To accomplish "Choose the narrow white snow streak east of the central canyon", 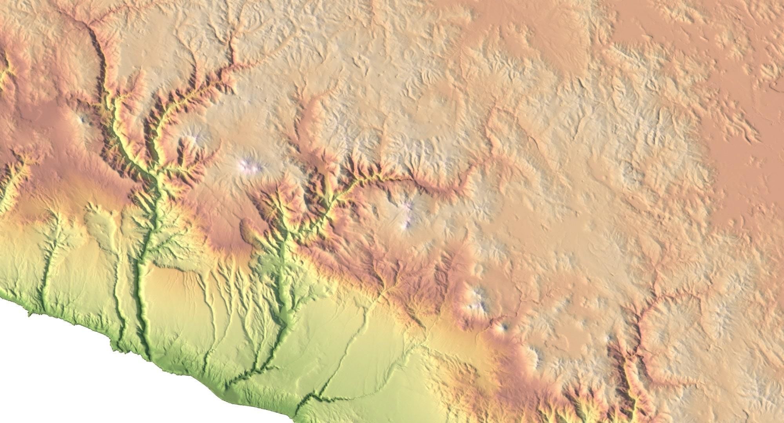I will click(x=408, y=215).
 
